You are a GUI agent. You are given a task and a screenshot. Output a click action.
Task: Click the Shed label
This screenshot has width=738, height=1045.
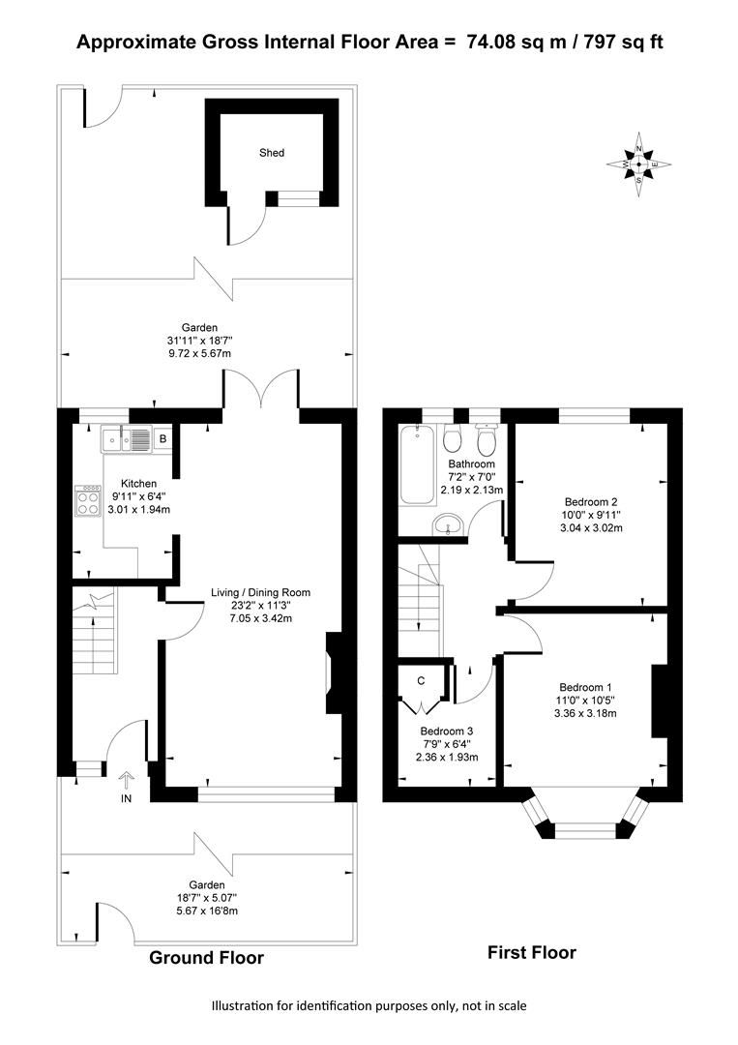point(272,153)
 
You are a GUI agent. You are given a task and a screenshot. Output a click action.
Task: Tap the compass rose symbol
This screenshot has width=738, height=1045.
point(638,164)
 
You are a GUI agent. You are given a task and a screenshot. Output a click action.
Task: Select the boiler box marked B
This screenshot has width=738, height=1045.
point(162,439)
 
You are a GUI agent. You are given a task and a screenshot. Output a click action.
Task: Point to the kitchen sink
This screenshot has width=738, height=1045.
point(127,440)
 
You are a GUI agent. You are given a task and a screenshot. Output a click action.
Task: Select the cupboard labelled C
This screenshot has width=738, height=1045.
point(421,680)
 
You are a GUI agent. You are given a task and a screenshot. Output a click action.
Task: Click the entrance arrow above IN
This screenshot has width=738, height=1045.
point(126,781)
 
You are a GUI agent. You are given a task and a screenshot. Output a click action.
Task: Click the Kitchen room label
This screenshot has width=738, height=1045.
point(138,484)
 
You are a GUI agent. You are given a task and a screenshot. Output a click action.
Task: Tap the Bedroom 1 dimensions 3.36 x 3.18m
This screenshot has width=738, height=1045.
point(585,713)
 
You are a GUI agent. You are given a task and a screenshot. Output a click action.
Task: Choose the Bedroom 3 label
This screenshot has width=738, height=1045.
point(446,731)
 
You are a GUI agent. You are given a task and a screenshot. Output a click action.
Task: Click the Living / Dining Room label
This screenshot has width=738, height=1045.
point(260,592)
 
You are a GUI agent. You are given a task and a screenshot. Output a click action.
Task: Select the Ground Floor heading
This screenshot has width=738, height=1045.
point(206,958)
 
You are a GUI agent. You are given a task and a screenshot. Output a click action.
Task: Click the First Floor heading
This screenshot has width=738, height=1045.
point(532,953)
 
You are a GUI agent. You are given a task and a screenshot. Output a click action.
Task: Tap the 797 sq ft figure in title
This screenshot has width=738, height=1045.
point(624,42)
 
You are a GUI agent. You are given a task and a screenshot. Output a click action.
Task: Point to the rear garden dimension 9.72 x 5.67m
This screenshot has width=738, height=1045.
point(199,353)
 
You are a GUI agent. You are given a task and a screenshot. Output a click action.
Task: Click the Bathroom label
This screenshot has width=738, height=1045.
point(472,463)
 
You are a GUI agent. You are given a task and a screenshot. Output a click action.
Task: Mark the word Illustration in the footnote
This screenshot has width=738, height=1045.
point(243,1005)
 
